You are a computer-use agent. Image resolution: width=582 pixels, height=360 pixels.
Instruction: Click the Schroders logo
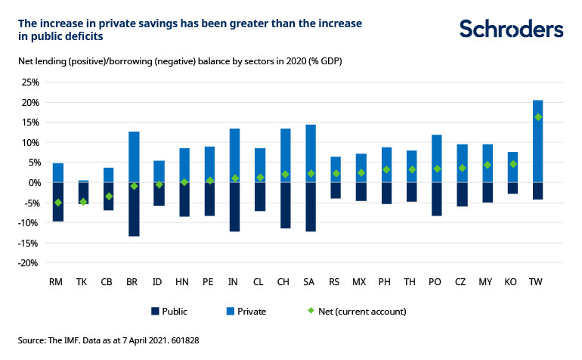pos(511,29)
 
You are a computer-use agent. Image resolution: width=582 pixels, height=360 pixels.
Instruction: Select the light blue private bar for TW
pos(537,141)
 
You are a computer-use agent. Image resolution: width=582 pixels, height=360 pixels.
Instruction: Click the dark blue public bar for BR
pos(134,209)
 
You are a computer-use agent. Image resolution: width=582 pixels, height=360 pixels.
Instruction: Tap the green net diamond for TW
pos(537,117)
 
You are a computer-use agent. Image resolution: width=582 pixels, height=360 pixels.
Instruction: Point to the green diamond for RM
pos(57,203)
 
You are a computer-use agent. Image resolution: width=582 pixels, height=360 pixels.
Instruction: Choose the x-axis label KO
pos(512,281)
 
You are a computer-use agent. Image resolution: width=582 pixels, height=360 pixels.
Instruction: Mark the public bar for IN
pos(234,206)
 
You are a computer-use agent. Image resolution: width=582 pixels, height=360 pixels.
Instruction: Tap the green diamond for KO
pos(513,164)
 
